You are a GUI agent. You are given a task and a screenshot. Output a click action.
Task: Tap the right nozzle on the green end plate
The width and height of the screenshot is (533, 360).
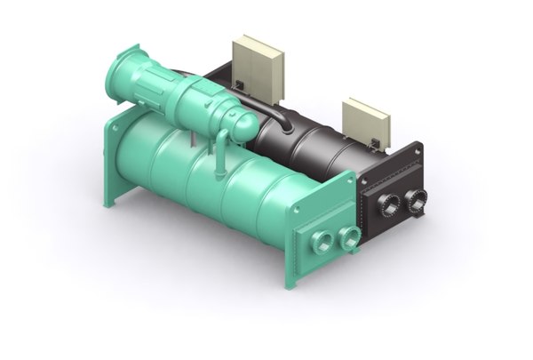coord(350,236)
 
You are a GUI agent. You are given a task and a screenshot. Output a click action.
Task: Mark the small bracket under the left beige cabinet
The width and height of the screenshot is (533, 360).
coord(241,84)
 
